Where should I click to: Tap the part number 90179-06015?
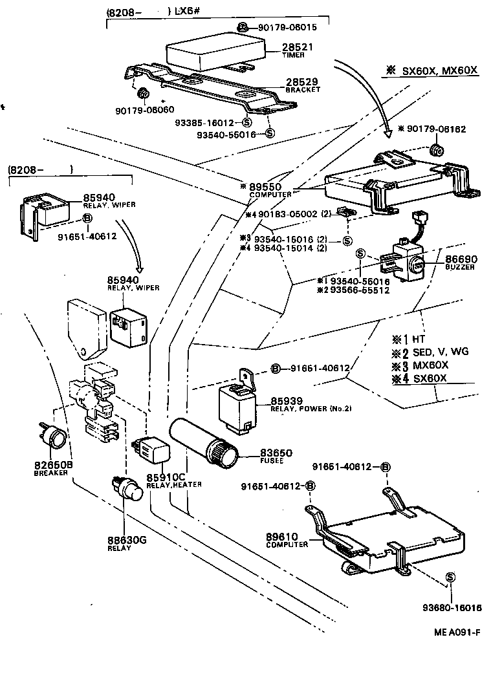[287, 28]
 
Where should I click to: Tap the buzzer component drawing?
[407, 261]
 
